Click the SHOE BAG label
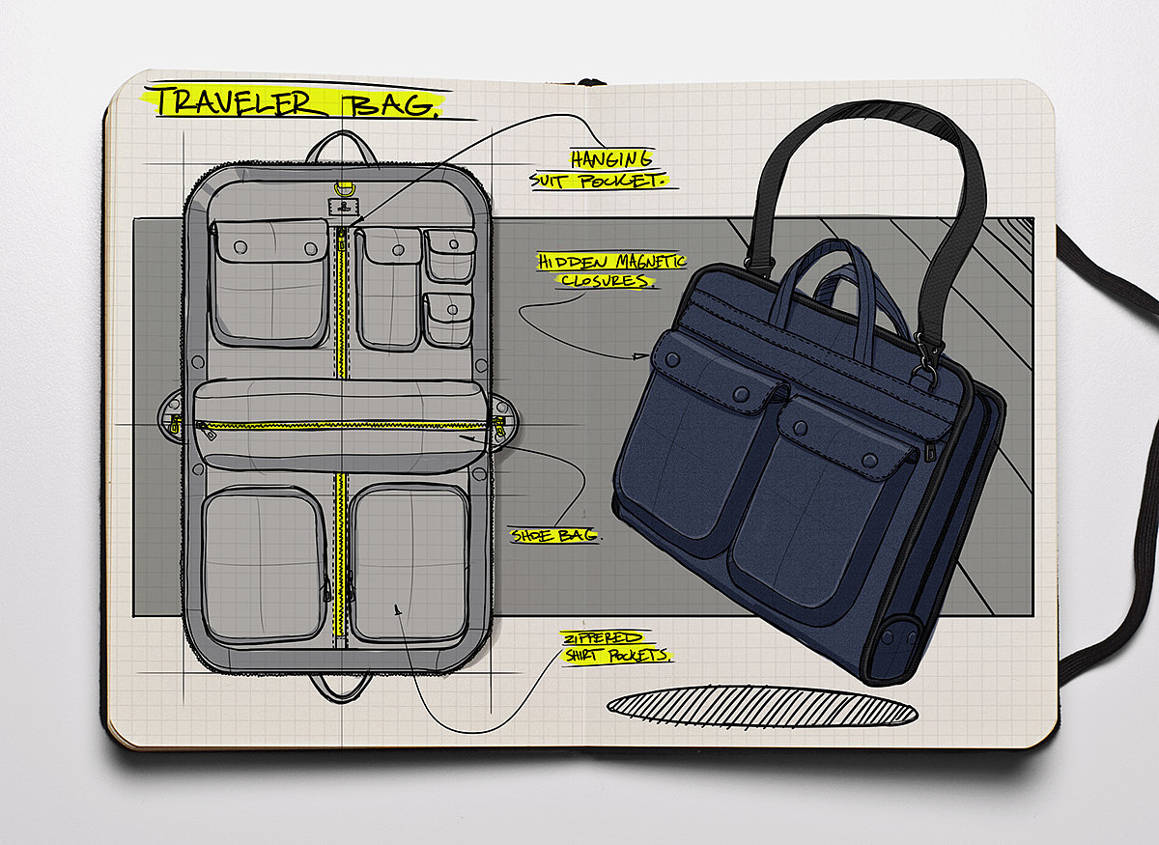555,535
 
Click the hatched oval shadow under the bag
762,707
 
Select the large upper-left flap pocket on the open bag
269,281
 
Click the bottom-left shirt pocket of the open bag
264,564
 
